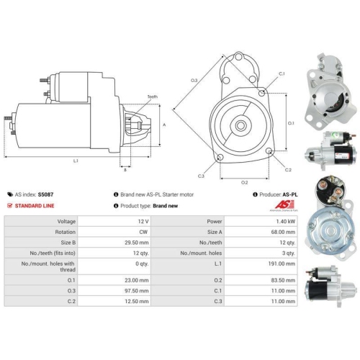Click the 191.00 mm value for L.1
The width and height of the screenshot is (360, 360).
[278, 266]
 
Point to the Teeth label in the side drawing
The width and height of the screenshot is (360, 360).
[152, 96]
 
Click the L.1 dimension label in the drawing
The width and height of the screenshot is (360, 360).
[76, 161]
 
